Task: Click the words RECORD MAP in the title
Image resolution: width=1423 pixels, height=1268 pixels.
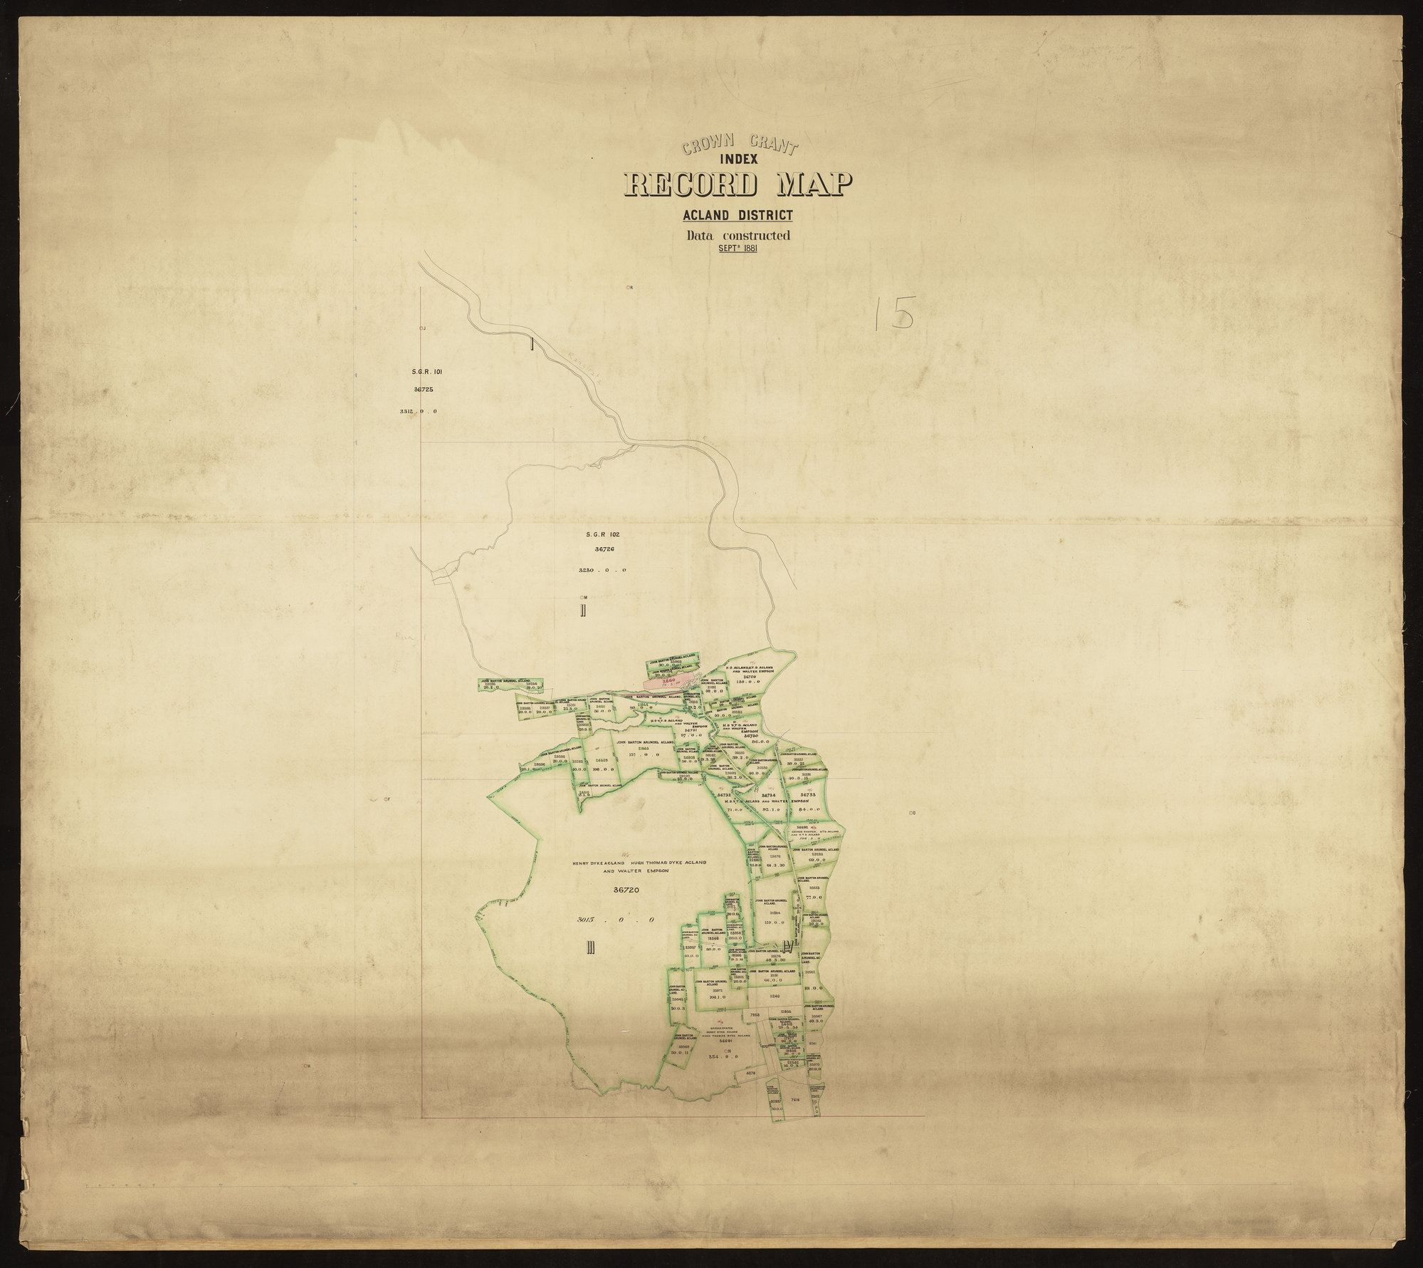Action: click(736, 185)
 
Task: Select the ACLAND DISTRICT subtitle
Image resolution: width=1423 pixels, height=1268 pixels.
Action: click(737, 215)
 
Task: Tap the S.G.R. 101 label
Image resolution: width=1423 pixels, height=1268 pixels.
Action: click(427, 371)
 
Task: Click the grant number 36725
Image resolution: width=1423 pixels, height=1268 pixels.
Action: click(423, 390)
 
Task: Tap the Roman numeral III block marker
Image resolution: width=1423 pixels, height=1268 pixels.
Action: click(590, 947)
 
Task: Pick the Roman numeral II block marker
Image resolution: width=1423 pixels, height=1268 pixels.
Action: click(582, 610)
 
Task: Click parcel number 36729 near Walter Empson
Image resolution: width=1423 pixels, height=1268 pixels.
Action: click(749, 677)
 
